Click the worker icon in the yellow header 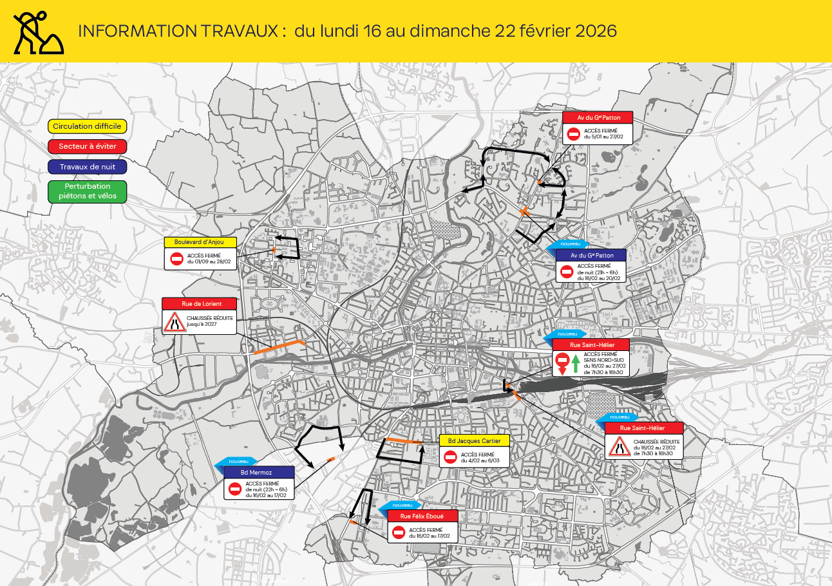click(38, 32)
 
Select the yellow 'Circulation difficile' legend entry click(87, 127)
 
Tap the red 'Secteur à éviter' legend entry click(87, 147)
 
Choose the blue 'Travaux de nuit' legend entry click(87, 167)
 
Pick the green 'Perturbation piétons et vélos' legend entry click(87, 191)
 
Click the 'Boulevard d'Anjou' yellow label click(200, 242)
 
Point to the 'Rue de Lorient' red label click(200, 303)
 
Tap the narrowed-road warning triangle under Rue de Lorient click(175, 321)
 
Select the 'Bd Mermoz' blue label click(259, 473)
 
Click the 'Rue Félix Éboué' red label click(422, 516)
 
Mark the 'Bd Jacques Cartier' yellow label click(474, 440)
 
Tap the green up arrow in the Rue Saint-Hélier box click(576, 363)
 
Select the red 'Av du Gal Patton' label click(598, 117)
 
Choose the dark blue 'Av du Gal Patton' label click(591, 255)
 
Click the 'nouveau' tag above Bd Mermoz click(238, 461)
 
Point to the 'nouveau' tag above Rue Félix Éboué click(402, 505)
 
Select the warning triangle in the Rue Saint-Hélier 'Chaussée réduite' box click(618, 446)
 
